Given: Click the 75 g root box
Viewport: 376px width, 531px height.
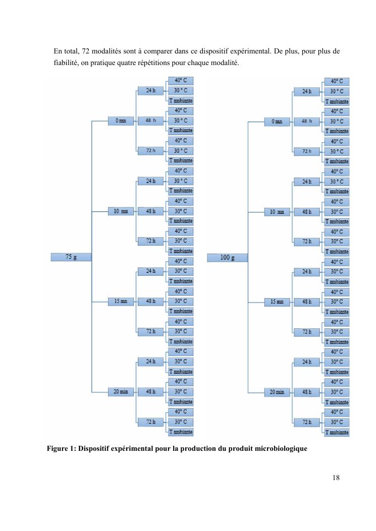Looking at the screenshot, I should [71, 257].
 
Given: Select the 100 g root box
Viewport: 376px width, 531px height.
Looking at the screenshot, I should [228, 258].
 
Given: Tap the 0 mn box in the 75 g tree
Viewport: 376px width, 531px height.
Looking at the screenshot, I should [121, 121].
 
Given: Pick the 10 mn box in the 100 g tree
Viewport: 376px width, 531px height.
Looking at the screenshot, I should [277, 212].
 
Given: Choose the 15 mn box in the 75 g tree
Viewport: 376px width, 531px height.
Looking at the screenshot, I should [121, 302].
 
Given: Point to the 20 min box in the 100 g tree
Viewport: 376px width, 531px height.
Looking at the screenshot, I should [277, 392].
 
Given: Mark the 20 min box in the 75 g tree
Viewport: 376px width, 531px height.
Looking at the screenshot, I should [121, 391].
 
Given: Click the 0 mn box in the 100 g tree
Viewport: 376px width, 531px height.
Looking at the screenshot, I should [277, 122].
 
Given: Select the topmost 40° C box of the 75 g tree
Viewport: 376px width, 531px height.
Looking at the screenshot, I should [181, 80].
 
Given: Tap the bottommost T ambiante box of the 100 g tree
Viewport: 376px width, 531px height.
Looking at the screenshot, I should [337, 432].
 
